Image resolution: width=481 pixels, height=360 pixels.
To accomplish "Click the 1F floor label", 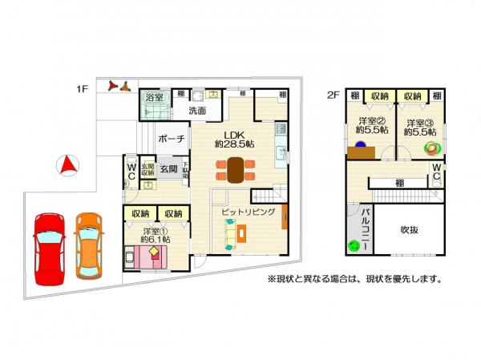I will tap(82, 90).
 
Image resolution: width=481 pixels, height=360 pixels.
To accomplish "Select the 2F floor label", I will tap(334, 95).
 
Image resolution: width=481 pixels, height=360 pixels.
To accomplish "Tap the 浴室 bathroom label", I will tap(154, 97).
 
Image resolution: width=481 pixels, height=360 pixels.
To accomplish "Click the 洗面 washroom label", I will tap(197, 111).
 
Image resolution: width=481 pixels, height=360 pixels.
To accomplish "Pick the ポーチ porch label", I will tap(172, 139).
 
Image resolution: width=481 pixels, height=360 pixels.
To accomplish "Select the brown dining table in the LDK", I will tap(235, 170).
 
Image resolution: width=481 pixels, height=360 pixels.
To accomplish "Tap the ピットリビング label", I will tap(249, 212).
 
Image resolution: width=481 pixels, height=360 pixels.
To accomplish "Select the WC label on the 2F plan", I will tap(436, 172).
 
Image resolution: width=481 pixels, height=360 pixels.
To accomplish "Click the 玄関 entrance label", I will tap(168, 169).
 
